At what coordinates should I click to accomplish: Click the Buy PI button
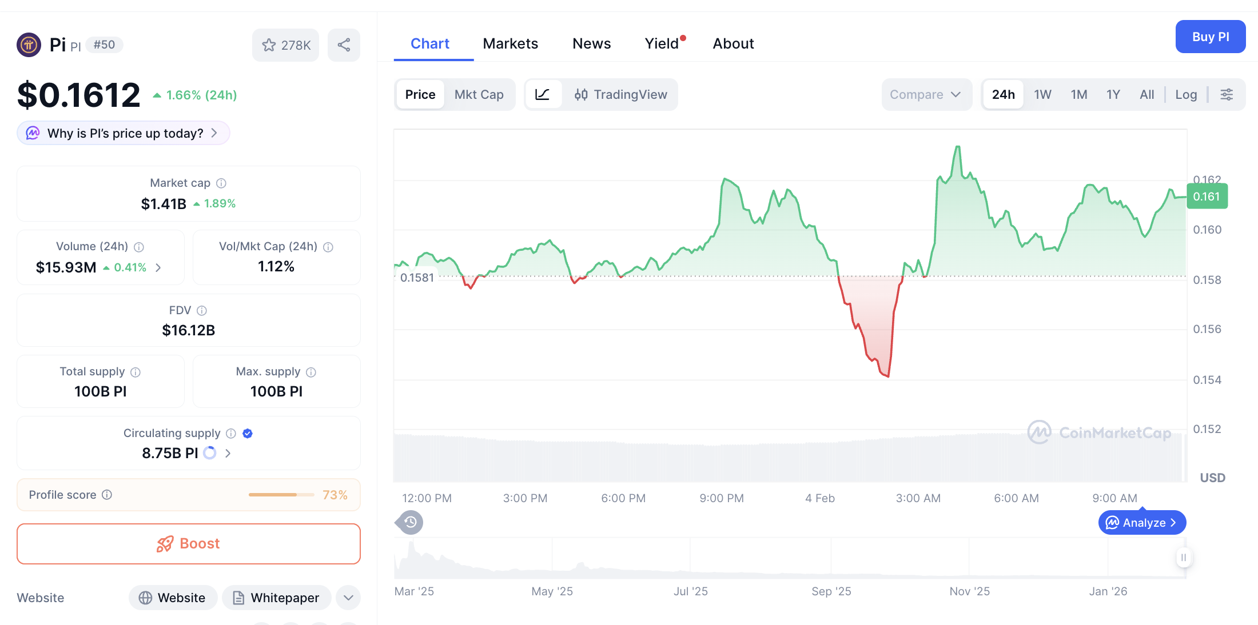[x=1210, y=37]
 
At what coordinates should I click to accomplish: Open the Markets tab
[x=510, y=43]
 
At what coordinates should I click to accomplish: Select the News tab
[x=591, y=43]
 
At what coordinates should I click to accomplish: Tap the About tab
[x=733, y=43]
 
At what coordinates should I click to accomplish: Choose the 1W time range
[x=1042, y=94]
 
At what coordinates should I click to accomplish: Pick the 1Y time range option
[x=1113, y=94]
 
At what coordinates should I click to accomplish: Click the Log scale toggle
[x=1186, y=94]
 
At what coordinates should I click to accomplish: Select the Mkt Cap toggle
[x=479, y=94]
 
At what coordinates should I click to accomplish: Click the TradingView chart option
[x=621, y=94]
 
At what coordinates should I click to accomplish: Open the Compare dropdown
[x=925, y=94]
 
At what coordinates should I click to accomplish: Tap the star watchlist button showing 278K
[x=286, y=45]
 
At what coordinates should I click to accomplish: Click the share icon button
[x=344, y=45]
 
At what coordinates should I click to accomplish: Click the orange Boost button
[x=189, y=543]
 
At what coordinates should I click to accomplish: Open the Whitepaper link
[x=277, y=598]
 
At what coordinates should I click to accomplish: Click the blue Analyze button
[x=1142, y=523]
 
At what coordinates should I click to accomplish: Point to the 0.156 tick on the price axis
[x=1207, y=329]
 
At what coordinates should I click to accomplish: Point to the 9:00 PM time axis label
[x=722, y=498]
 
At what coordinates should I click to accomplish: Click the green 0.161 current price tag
[x=1207, y=197]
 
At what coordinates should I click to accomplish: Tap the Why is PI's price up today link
[x=124, y=133]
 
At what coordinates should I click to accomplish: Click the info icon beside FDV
[x=202, y=310]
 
